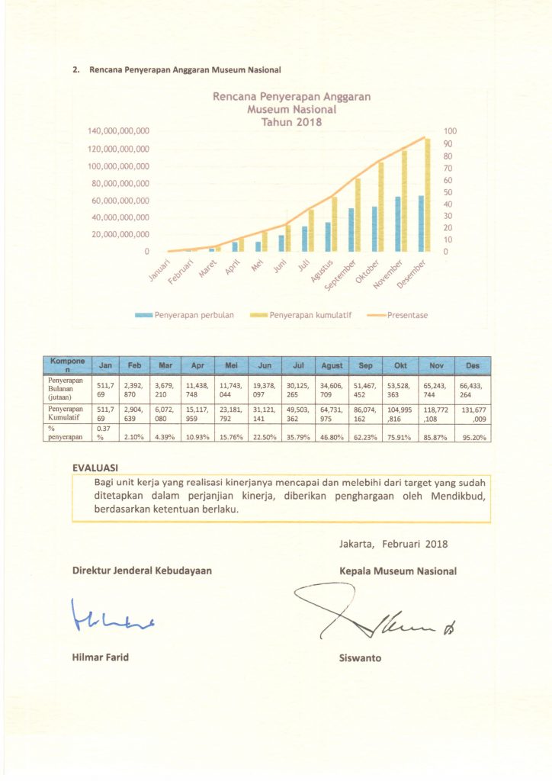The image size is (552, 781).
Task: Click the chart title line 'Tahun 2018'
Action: pos(290,122)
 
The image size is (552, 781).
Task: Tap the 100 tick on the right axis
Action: pos(450,132)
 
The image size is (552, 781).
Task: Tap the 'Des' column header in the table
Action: pos(472,366)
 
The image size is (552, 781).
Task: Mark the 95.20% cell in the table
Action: pos(472,437)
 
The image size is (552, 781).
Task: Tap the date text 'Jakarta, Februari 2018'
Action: pos(393,544)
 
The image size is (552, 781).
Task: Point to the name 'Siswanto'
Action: pos(361,657)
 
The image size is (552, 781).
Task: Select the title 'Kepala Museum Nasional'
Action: pos(398,570)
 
